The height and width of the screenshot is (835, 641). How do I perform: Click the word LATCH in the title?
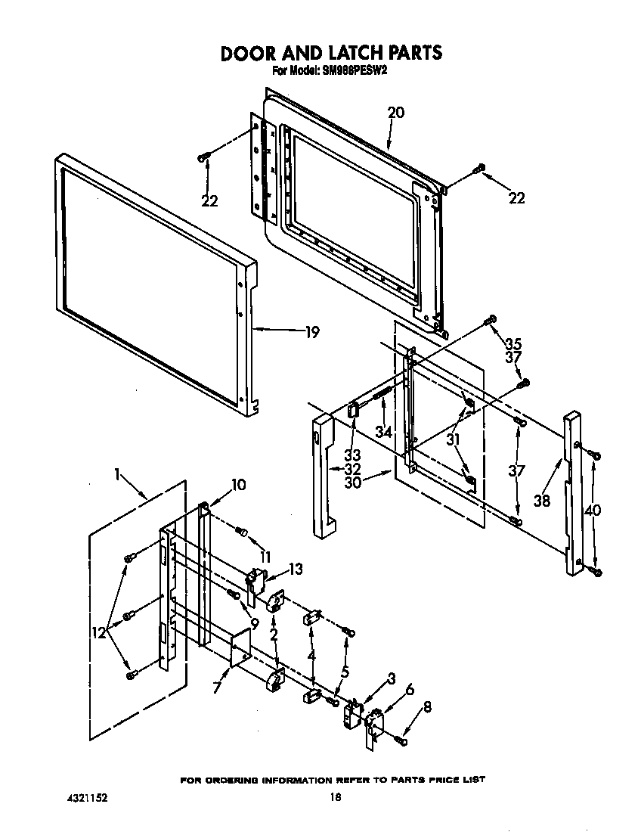358,53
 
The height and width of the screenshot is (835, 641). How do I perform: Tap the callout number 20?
395,113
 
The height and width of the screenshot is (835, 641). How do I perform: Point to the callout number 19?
311,331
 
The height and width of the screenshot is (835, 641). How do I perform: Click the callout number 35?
513,343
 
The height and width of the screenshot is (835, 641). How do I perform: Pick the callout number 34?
384,431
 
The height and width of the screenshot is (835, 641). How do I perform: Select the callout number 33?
352,455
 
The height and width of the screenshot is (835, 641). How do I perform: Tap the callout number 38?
542,500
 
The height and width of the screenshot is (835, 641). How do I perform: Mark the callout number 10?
238,485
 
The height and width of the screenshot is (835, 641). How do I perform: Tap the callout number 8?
428,707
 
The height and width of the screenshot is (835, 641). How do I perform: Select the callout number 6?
410,689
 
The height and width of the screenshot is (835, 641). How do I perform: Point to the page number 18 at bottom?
336,796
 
